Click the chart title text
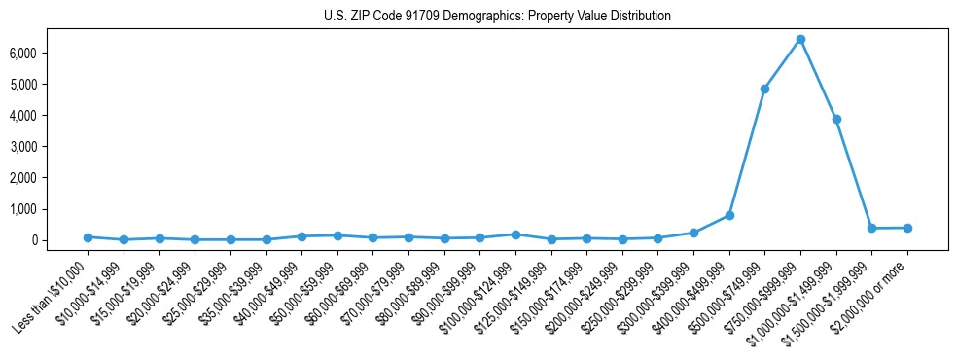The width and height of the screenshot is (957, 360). [497, 17]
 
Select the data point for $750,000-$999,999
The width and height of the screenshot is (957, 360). [800, 40]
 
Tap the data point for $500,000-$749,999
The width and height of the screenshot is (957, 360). [764, 89]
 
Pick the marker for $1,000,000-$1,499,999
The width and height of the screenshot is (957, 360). [836, 119]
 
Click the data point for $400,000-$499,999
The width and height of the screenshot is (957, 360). [729, 215]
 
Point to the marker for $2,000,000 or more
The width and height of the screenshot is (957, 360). [907, 228]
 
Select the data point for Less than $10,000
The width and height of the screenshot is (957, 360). [88, 237]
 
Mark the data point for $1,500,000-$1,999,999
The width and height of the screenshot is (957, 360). [871, 228]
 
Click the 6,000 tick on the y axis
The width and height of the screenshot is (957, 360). [49, 53]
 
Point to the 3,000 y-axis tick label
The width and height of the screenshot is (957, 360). [49, 147]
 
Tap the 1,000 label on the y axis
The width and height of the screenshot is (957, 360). [49, 209]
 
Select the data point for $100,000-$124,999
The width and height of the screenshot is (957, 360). [515, 234]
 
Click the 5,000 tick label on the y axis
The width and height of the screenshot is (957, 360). [49, 85]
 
